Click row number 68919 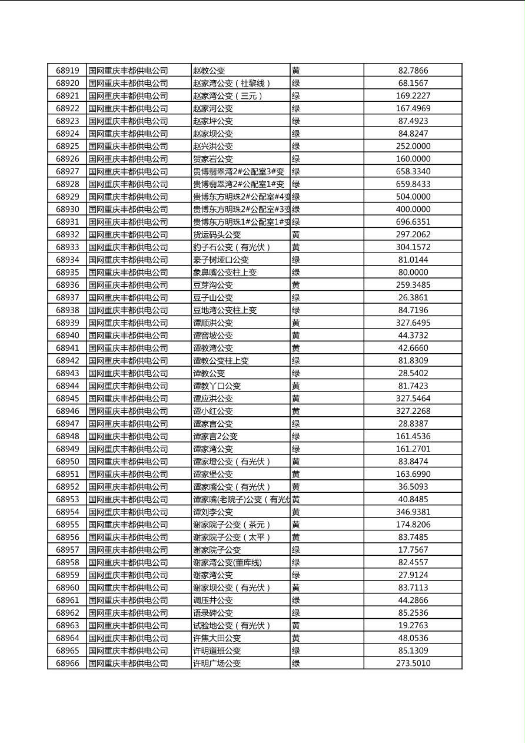[67, 71]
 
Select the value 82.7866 [413, 71]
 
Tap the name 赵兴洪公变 [213, 146]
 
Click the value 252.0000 [413, 146]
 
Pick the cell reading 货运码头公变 [217, 234]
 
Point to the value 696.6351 [413, 222]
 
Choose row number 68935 [67, 272]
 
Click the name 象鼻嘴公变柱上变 [225, 272]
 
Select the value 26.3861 [413, 297]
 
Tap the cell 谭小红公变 [213, 411]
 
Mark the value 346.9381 [413, 512]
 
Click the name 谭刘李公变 [213, 512]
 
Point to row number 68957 [67, 549]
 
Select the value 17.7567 [413, 549]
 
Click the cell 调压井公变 [213, 600]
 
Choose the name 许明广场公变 [217, 663]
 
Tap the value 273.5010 [413, 663]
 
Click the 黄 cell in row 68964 [296, 638]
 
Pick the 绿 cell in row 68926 [296, 158]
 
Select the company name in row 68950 [128, 461]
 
